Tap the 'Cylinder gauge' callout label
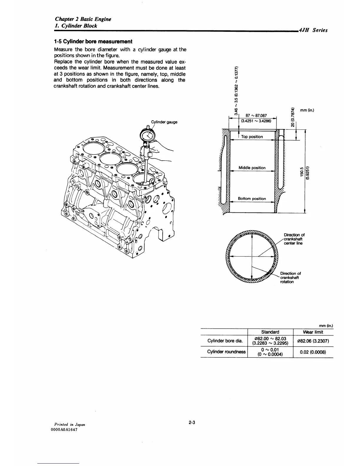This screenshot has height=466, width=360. pos(164,122)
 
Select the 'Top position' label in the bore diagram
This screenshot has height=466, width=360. pos(252,137)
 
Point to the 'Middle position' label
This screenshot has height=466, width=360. pos(252,168)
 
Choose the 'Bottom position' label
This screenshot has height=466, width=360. pos(252,199)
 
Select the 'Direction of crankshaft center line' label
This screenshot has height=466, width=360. pos(294,239)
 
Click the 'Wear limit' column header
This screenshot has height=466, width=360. pos(313,332)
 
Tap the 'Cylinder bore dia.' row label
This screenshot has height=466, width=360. pos(225,341)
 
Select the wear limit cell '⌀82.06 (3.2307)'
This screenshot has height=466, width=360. pos(313,341)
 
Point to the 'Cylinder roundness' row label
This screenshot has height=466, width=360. pos(226,352)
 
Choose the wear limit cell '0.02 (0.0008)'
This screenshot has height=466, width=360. pos(313,352)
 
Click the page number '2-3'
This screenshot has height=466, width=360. pos(192,423)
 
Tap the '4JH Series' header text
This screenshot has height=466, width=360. pos(313,30)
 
